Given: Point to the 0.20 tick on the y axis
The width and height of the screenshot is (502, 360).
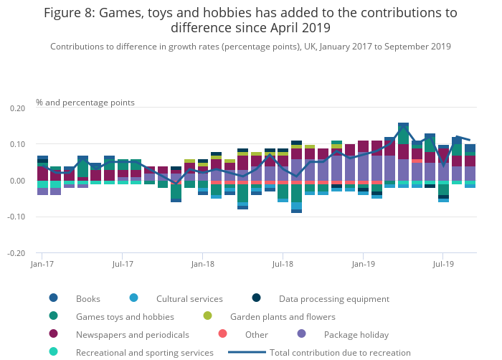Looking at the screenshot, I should click(x=17, y=108).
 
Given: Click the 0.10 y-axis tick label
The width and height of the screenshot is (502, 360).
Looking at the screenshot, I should click(x=17, y=144).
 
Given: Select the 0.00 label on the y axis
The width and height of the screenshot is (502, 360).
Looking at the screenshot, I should click(x=17, y=181).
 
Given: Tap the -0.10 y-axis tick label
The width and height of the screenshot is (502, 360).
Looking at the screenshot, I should click(x=16, y=217).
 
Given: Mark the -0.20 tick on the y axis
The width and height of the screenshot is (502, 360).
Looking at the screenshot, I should click(x=16, y=253).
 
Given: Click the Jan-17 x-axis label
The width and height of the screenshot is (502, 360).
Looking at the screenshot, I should click(x=42, y=264).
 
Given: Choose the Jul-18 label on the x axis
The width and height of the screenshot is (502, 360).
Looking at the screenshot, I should click(x=283, y=264).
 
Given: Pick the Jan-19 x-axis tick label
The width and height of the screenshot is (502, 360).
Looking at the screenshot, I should click(x=363, y=264).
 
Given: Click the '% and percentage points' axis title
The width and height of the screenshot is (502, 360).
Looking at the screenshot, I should click(x=85, y=103).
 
